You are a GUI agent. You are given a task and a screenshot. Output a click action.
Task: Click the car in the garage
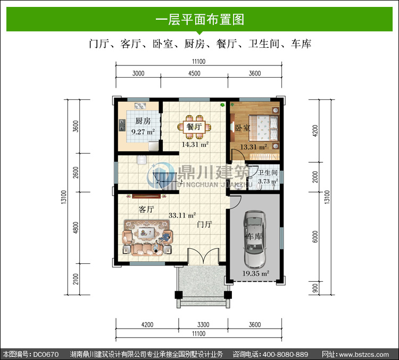(254, 239)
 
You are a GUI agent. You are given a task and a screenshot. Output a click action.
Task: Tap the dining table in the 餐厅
(194, 127)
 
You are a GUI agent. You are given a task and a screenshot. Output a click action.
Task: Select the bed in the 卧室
(263, 128)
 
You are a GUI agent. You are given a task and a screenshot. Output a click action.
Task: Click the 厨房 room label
(143, 121)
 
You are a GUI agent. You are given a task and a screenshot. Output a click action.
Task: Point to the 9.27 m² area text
(143, 132)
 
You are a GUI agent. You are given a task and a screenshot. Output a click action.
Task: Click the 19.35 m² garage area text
(255, 273)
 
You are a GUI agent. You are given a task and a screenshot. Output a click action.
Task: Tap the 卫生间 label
(268, 173)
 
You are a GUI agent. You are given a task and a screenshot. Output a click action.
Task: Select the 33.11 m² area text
(182, 215)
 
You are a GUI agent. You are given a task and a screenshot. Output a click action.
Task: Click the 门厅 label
(204, 224)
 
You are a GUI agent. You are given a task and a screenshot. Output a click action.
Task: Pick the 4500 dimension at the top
(194, 73)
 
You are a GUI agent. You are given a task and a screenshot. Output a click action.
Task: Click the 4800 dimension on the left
(76, 228)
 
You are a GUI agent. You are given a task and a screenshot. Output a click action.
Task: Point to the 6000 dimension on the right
(315, 237)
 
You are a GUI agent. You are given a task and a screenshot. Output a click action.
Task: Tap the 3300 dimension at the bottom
(203, 324)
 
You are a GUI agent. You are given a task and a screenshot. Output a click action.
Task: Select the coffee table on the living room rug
(147, 232)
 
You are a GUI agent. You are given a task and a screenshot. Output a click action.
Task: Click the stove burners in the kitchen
(122, 125)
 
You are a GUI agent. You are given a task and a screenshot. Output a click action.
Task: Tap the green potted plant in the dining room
(223, 104)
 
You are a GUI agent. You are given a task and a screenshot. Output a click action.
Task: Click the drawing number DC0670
(46, 354)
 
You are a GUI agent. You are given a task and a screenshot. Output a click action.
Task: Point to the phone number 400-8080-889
(285, 354)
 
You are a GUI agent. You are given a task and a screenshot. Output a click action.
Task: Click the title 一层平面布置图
(199, 20)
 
